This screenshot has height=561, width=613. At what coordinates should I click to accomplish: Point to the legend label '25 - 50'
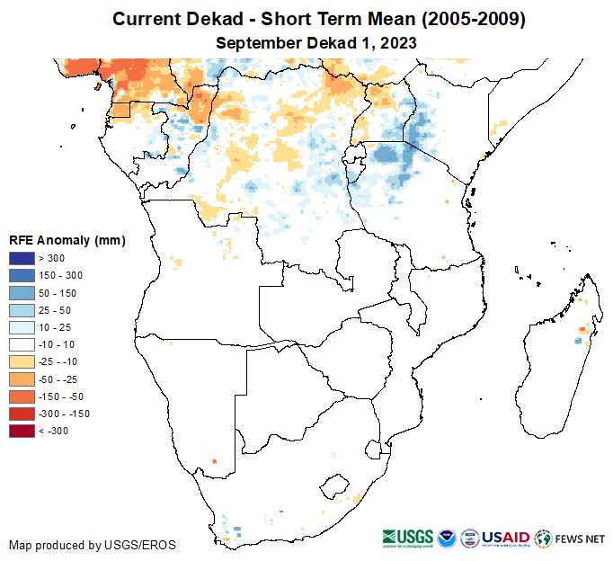coord(56,310)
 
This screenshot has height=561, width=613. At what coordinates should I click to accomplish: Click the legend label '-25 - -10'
coord(59,361)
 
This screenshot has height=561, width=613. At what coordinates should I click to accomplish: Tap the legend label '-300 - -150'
coord(65,414)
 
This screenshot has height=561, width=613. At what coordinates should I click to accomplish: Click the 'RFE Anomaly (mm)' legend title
coord(67,240)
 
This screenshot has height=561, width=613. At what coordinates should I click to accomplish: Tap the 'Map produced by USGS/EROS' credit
coord(93,545)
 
